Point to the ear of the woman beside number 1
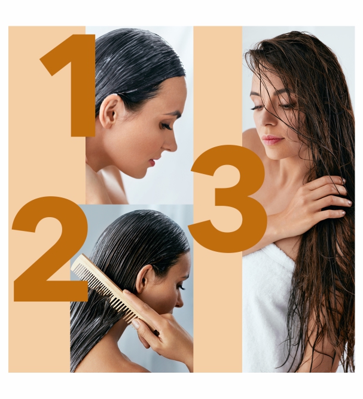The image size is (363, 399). pos(109,112)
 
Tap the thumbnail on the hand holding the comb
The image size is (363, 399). pos(136,324)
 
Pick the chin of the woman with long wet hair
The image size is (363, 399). pos(273,155)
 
